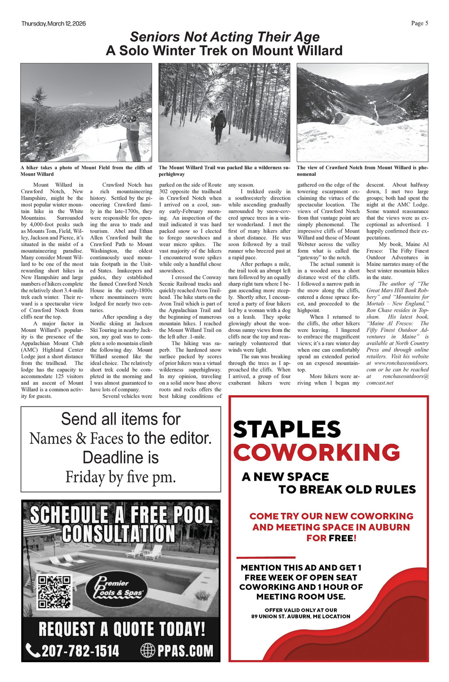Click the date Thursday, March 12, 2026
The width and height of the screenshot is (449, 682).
(53, 23)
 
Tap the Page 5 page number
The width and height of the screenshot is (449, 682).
(419, 23)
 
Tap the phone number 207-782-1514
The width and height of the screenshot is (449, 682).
(80, 650)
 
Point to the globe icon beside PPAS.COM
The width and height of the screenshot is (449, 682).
(148, 650)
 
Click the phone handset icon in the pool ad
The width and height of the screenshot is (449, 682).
(33, 650)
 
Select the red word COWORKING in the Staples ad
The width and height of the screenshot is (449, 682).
(316, 452)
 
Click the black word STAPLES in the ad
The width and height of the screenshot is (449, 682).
(287, 429)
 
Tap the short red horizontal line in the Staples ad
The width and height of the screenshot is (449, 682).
(265, 557)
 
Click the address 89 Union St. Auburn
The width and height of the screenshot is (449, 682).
(300, 616)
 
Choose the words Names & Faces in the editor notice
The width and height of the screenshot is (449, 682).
(76, 438)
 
